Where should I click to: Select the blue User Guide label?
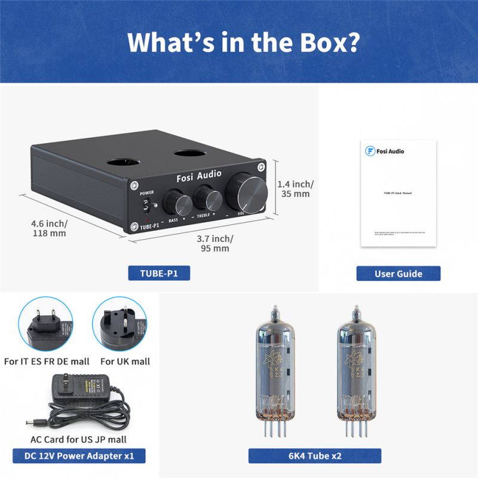[x=398, y=274]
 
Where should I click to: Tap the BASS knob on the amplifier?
[x=177, y=198]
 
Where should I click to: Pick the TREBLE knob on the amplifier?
[x=207, y=195]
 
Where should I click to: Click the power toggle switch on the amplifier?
[x=146, y=207]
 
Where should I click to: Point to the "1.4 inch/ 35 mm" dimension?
[x=296, y=188]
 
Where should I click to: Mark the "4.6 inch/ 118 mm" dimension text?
[x=49, y=228]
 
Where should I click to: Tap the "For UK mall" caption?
[x=125, y=361]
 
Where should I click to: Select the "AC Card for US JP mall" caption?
[x=78, y=439]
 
